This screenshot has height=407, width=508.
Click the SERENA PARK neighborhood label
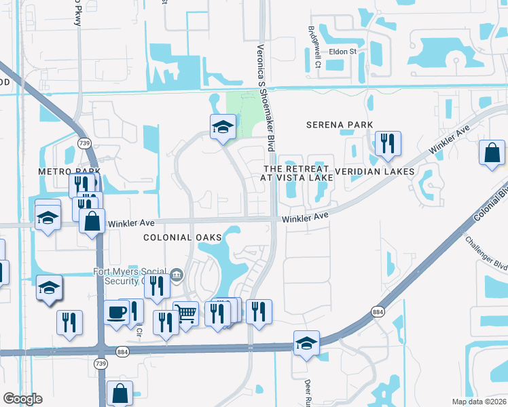340,125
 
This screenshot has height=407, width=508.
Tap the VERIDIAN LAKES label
374,172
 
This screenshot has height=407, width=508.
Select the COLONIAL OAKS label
183,237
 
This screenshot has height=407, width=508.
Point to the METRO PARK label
69,172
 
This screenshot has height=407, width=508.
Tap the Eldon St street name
343,52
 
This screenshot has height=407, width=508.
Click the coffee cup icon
116,313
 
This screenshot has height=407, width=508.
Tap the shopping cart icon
185,313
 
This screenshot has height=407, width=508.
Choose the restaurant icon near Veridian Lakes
388,143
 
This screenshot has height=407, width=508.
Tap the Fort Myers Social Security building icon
176,274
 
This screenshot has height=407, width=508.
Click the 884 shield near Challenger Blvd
378,311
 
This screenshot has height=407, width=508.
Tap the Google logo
22,399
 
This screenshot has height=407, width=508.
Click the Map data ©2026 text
478,402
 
